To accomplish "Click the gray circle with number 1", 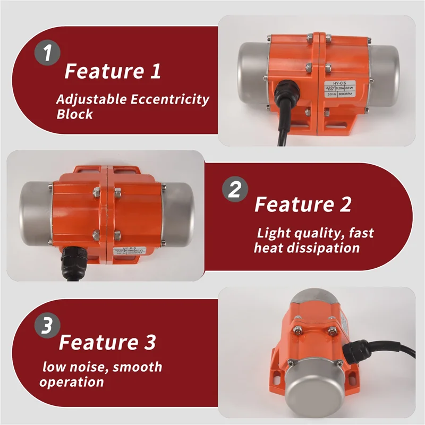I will pos(48,54).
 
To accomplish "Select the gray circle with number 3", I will pos(48,326).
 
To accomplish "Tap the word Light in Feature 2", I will pos(274,233).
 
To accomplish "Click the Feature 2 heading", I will pos(303,205).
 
